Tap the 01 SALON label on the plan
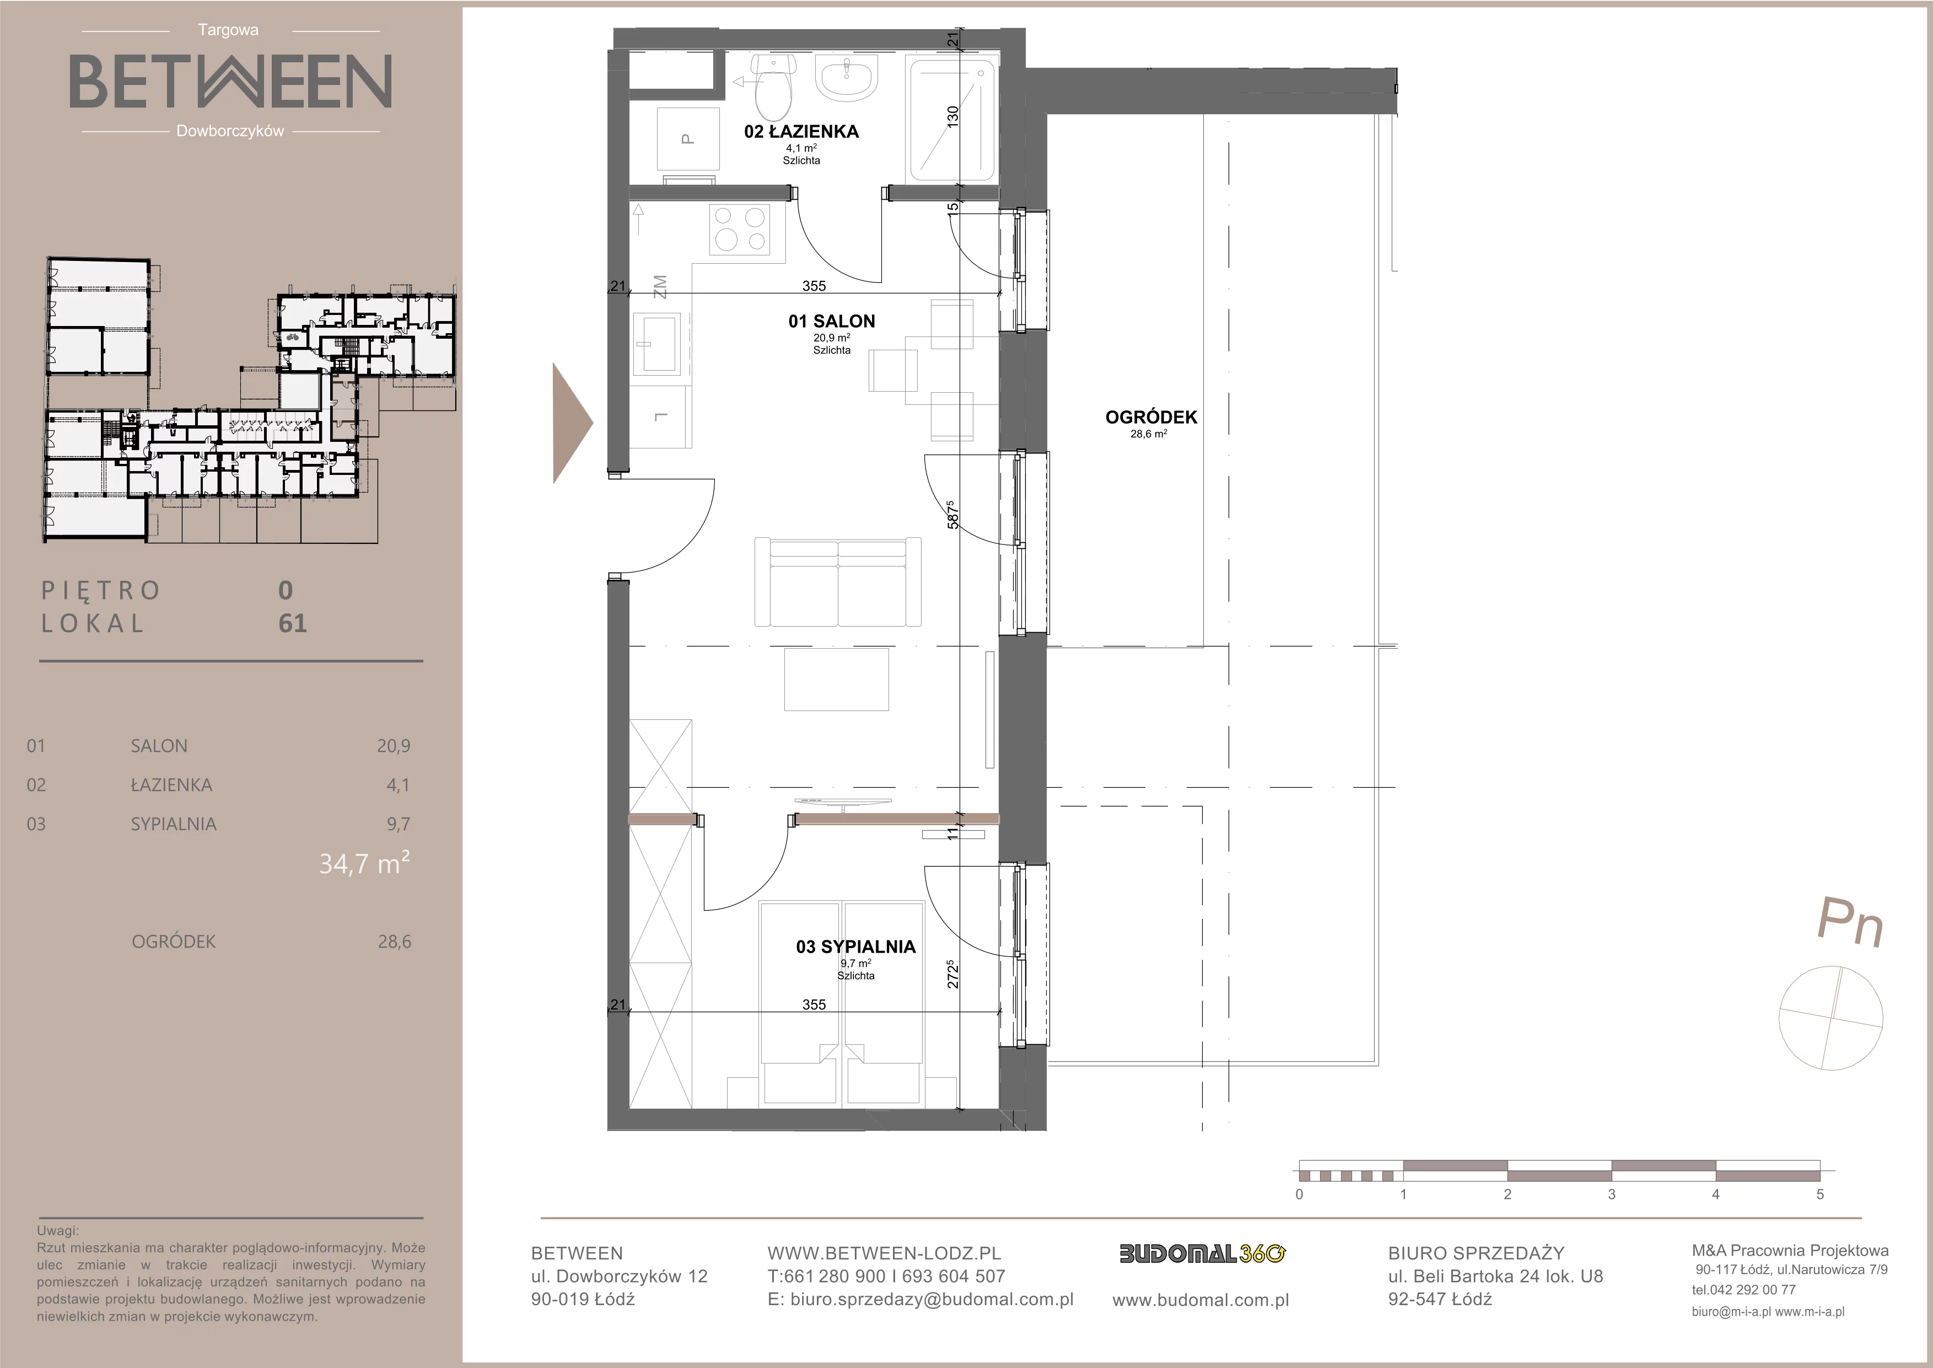click(x=831, y=321)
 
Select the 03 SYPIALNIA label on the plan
click(x=855, y=947)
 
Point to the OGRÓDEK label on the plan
click(x=1151, y=417)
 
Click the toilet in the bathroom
click(x=774, y=88)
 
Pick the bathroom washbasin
click(x=848, y=77)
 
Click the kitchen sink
click(x=658, y=343)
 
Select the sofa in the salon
click(x=838, y=582)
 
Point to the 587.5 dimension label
click(x=952, y=515)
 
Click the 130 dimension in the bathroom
click(x=952, y=116)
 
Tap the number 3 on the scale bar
click(x=1612, y=1194)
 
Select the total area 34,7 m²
click(x=364, y=863)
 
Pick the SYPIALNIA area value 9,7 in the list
click(x=398, y=824)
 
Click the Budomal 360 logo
click(x=1202, y=1253)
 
